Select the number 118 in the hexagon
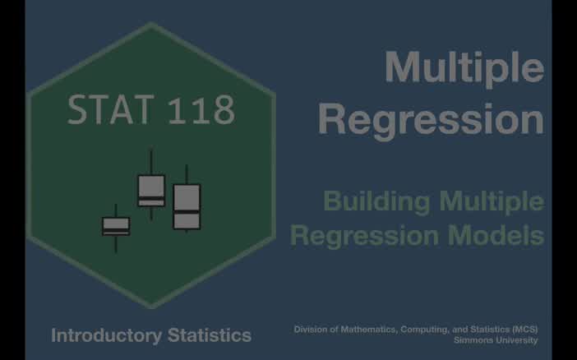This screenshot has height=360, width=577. pyautogui.click(x=201, y=110)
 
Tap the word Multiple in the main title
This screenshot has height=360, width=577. pyautogui.click(x=464, y=67)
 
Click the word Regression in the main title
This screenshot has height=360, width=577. pyautogui.click(x=431, y=119)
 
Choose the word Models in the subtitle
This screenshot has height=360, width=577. pyautogui.click(x=502, y=236)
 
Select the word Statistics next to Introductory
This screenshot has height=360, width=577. pyautogui.click(x=209, y=335)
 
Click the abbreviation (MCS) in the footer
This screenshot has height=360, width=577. pyautogui.click(x=523, y=330)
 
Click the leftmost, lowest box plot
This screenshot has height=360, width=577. pyautogui.click(x=116, y=226)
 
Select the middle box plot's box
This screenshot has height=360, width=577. pyautogui.click(x=151, y=191)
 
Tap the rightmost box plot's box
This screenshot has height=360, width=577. pyautogui.click(x=187, y=206)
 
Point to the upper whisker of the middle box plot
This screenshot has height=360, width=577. pyautogui.click(x=151, y=162)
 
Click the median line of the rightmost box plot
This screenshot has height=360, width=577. pyautogui.click(x=187, y=212)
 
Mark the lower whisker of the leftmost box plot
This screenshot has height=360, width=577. pyautogui.click(x=116, y=243)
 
